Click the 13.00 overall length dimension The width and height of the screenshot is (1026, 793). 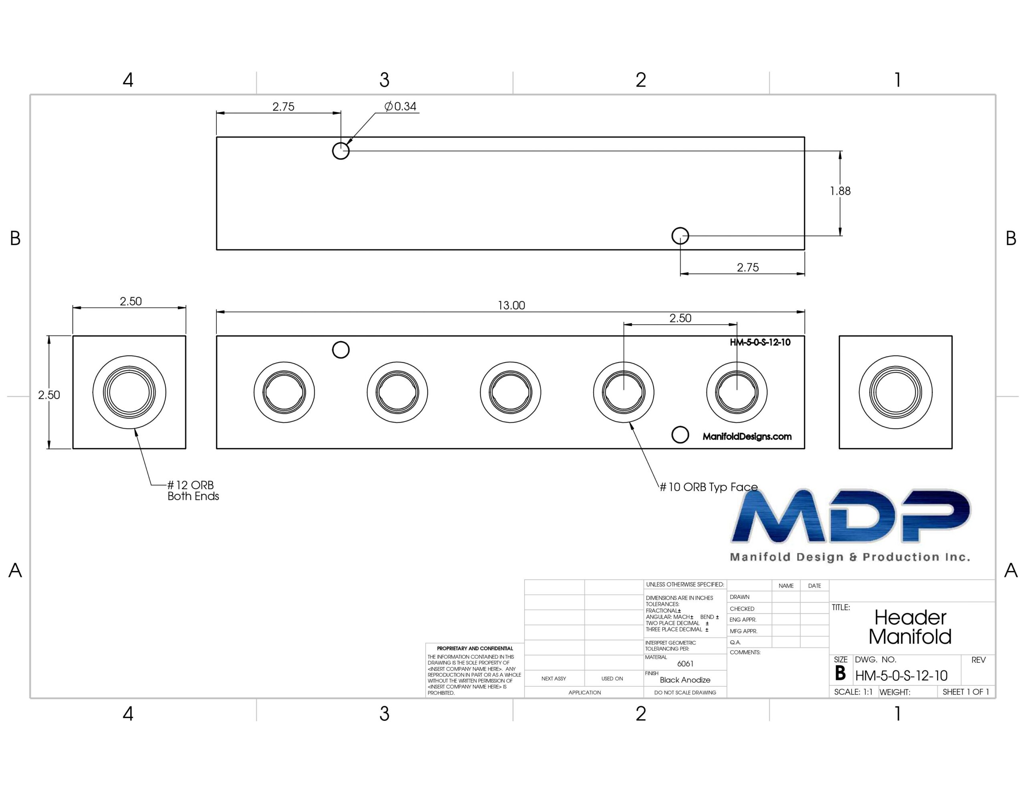click(511, 305)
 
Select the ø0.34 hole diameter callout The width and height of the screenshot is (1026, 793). click(400, 107)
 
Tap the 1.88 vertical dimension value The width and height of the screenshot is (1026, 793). click(840, 191)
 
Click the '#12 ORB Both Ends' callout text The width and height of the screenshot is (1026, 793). click(193, 490)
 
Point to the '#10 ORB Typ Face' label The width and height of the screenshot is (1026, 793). click(709, 487)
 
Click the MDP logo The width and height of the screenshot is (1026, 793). click(850, 525)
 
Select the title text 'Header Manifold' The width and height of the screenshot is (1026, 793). click(910, 627)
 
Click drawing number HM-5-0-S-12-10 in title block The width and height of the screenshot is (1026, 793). click(901, 676)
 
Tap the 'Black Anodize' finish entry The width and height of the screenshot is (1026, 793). click(685, 680)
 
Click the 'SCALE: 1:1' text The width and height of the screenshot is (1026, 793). click(853, 692)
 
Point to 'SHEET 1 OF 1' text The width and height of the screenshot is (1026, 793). click(966, 692)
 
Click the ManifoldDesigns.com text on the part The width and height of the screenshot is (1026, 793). click(747, 437)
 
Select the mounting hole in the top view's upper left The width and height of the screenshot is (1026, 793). click(341, 151)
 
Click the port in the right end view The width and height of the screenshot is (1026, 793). click(895, 392)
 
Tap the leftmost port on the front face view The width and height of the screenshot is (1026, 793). click(284, 392)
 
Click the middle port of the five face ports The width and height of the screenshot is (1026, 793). click(511, 392)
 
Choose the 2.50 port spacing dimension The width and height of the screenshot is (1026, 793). click(680, 318)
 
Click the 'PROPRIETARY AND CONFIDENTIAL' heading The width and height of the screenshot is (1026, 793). click(475, 648)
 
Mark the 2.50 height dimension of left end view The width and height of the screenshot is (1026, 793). click(49, 395)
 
